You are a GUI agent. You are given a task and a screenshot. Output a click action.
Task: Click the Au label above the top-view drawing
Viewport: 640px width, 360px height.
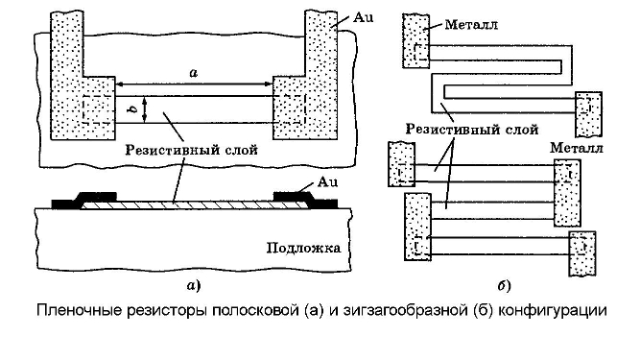click(364, 17)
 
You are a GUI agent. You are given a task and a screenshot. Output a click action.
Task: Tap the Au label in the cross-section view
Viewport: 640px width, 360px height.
click(328, 181)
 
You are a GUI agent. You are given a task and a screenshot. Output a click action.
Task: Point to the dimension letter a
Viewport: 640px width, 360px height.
click(194, 73)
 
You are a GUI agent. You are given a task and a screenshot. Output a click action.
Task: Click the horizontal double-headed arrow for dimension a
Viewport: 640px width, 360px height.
click(194, 84)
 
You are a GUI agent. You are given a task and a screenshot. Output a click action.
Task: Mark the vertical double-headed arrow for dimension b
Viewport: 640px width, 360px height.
click(145, 109)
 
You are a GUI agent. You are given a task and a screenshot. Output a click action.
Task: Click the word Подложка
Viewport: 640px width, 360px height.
click(303, 249)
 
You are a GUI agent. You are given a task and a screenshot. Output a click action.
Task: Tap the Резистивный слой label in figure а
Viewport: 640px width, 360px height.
click(192, 150)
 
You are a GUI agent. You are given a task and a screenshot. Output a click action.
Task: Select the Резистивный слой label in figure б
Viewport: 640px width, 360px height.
click(472, 130)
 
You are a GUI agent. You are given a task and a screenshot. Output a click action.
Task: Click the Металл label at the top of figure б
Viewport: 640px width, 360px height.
click(471, 25)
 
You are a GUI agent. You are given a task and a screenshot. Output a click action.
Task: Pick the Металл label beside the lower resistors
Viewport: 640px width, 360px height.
click(577, 147)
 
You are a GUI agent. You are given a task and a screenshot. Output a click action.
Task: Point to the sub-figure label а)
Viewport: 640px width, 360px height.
click(194, 285)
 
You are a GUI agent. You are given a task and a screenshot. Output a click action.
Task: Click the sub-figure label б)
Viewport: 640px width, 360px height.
click(505, 285)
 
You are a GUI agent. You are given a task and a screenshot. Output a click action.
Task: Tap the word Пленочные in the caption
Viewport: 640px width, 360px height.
click(80, 311)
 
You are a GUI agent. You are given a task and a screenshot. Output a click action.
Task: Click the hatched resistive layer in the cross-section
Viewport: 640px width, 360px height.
click(194, 205)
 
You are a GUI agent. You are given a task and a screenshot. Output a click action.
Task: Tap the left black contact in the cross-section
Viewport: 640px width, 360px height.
click(83, 201)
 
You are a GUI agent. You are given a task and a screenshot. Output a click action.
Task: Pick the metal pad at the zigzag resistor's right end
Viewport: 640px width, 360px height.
click(588, 114)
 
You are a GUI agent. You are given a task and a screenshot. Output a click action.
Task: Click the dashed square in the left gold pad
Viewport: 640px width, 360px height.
click(97, 109)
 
